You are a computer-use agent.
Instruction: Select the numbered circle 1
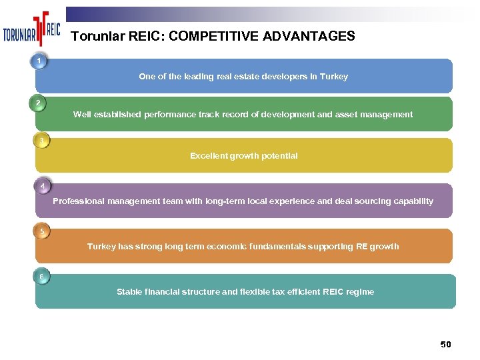[40, 61]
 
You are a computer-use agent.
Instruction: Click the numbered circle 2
[39, 103]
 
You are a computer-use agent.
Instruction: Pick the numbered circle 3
[41, 141]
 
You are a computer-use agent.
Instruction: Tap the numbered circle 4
[42, 186]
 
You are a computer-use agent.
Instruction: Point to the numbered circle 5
[41, 232]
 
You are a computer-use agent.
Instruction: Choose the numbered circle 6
[41, 277]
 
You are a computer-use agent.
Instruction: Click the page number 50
[445, 344]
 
